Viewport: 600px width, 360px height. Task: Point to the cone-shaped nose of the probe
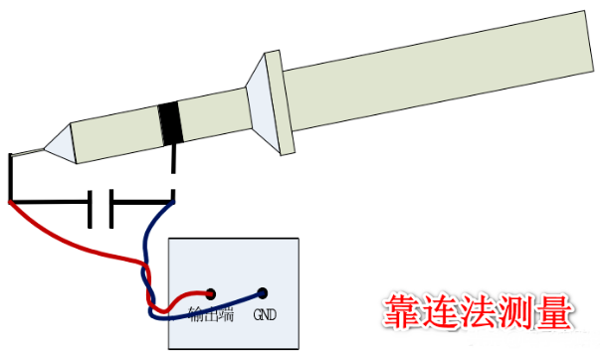[60, 142]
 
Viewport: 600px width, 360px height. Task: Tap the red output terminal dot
[211, 293]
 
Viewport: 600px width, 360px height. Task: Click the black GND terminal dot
[263, 293]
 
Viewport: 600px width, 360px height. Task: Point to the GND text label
[265, 317]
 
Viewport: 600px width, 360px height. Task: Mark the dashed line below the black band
[174, 171]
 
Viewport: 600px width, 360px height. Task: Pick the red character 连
[442, 311]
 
